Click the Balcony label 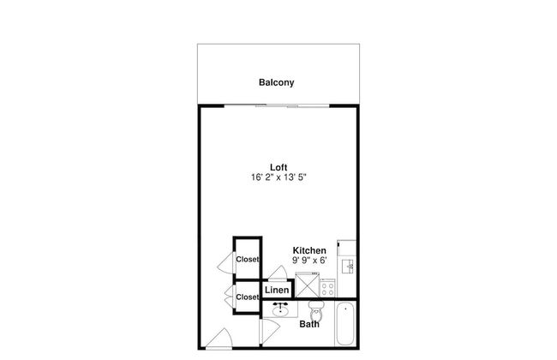click(277, 82)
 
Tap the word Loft click(278, 167)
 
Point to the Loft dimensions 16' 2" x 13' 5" click(278, 177)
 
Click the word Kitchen click(309, 250)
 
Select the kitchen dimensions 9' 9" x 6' click(309, 260)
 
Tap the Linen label click(277, 290)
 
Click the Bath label click(309, 324)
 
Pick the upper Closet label click(248, 260)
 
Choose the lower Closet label click(248, 297)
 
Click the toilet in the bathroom click(316, 310)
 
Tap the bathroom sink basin click(280, 311)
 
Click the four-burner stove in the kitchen click(327, 288)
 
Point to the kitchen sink click(347, 267)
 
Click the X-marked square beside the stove click(307, 285)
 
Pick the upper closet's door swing click(227, 262)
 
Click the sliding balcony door click(277, 106)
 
